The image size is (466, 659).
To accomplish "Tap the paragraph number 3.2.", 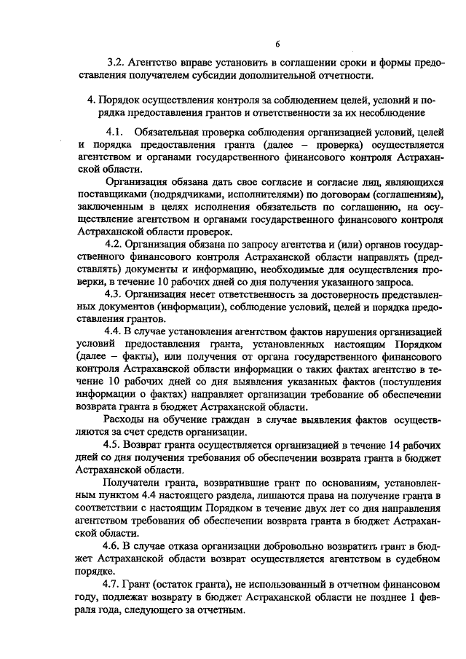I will [x=116, y=64].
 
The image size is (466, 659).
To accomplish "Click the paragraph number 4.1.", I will [x=115, y=132].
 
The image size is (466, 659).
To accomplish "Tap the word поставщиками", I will [x=109, y=195].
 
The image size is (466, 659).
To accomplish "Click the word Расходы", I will [x=128, y=420].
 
